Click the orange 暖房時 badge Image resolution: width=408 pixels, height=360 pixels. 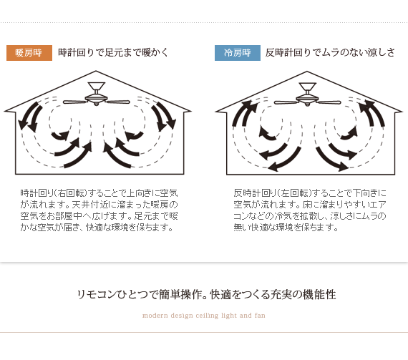tap(29, 53)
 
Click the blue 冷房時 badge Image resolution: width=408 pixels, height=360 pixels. tap(238, 53)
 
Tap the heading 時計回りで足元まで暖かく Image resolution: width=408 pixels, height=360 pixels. tap(113, 52)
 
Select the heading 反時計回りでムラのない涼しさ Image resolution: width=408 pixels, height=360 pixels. tap(330, 52)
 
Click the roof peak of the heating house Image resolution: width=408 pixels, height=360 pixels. tap(96, 71)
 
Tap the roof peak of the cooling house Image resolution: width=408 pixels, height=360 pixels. tap(307, 72)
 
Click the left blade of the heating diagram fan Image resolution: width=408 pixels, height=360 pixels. tap(74, 102)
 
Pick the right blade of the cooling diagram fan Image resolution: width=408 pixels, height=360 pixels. tap(329, 102)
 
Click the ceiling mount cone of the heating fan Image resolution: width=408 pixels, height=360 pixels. tap(97, 86)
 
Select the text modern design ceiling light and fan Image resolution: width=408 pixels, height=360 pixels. tap(204, 316)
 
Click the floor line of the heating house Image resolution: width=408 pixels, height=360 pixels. tap(99, 174)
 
